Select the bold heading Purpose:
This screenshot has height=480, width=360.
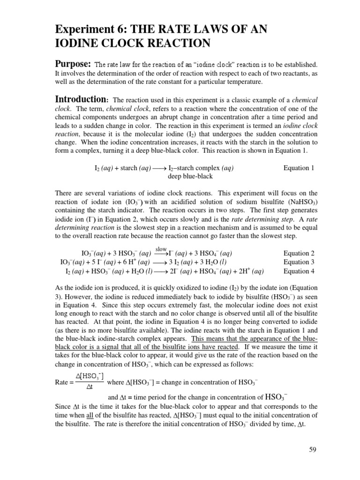73,64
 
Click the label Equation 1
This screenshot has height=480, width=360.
299,168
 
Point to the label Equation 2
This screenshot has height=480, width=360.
299,253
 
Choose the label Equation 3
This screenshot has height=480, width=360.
299,262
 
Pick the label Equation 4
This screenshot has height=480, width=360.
299,271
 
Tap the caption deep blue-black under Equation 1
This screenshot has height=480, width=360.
190,176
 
